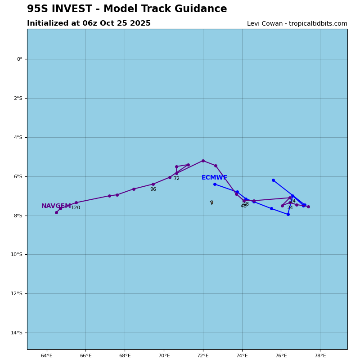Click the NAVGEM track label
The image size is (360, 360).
click(56, 206)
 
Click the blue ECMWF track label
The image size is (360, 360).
click(214, 178)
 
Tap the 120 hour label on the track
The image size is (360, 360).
click(76, 208)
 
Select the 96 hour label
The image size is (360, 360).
click(153, 189)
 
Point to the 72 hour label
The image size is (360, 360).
click(176, 179)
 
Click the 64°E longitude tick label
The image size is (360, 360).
click(47, 356)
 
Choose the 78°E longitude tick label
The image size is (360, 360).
click(320, 356)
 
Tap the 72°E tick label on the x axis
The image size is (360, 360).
click(203, 356)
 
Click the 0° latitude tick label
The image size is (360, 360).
click(19, 59)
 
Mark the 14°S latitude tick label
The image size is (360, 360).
click(17, 333)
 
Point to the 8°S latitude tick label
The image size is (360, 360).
click(18, 216)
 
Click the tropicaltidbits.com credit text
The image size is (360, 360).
click(297, 24)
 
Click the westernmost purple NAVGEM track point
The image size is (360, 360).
click(56, 212)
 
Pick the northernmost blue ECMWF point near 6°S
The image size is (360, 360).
click(273, 180)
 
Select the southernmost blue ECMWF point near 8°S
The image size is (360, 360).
click(288, 214)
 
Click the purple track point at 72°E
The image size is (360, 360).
click(203, 161)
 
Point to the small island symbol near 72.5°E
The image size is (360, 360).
click(211, 202)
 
